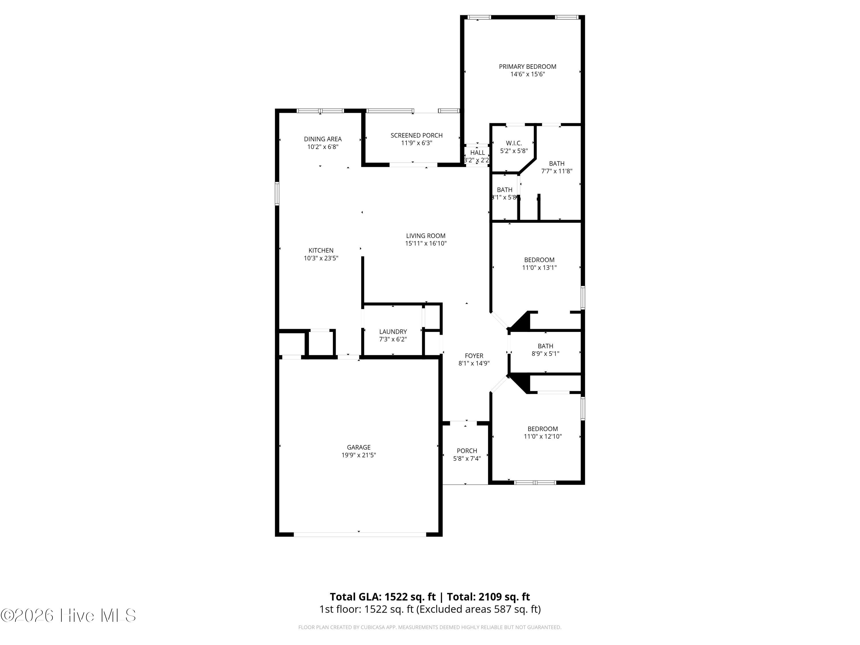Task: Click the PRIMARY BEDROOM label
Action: click(x=527, y=67)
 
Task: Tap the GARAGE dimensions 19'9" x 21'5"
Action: click(x=358, y=455)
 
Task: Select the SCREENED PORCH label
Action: click(x=417, y=135)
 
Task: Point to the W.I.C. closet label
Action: click(x=514, y=143)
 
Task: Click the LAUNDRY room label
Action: click(x=393, y=332)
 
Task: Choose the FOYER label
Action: click(x=474, y=356)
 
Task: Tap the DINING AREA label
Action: click(x=323, y=139)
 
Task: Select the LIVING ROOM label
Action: click(x=425, y=236)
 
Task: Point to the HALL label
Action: click(x=477, y=153)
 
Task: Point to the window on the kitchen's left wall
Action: click(x=277, y=193)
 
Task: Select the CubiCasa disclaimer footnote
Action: click(x=430, y=627)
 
